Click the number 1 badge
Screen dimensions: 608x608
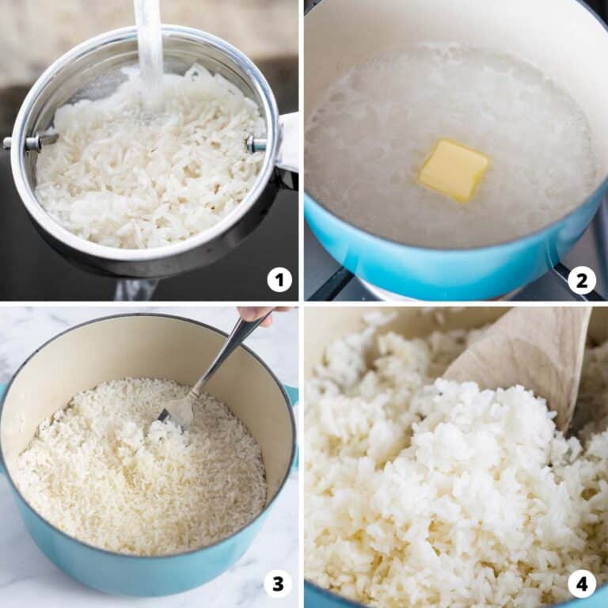[x=279, y=279]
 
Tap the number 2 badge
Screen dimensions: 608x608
[x=582, y=279]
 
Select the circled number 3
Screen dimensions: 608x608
[x=278, y=584]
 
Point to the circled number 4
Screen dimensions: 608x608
[x=582, y=584]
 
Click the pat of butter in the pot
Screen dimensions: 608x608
[x=453, y=169]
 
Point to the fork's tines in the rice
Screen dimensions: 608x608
[x=179, y=410]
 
